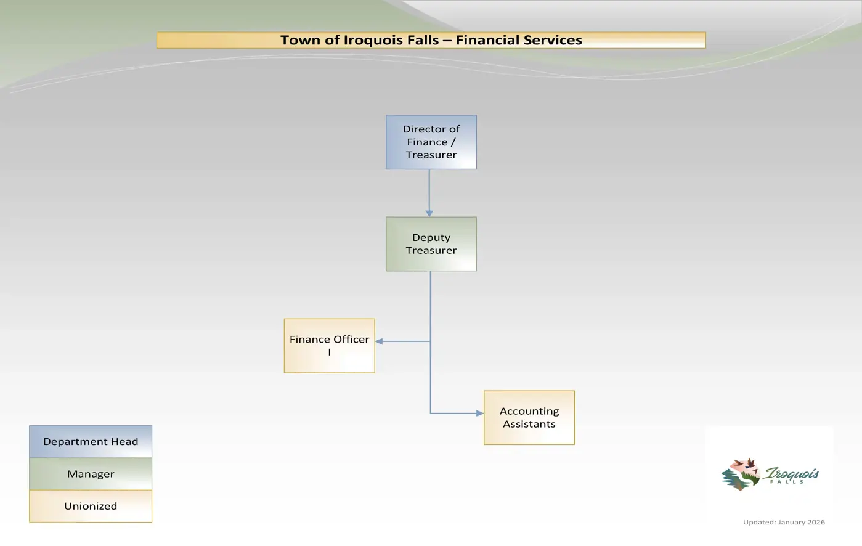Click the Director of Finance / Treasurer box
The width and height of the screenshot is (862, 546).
[x=431, y=142]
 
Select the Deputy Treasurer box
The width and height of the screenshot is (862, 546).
[x=431, y=244]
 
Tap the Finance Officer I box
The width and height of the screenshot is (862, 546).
[x=330, y=346]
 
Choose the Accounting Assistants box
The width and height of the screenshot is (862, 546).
[x=529, y=417]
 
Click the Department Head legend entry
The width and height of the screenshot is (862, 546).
[x=91, y=441]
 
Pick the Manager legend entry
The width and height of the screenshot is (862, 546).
[x=91, y=474]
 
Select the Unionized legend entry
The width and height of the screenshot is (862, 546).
[x=91, y=506]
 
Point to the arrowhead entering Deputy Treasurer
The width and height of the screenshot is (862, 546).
[x=429, y=214]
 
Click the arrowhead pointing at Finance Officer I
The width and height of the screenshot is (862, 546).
[x=379, y=341]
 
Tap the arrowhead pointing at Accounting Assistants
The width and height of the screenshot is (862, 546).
[x=480, y=414]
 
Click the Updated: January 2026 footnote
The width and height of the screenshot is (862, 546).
[x=784, y=522]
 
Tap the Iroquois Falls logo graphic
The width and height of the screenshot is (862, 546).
[x=770, y=474]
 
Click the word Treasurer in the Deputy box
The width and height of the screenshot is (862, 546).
[x=431, y=250]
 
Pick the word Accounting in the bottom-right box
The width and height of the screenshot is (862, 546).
[x=529, y=412]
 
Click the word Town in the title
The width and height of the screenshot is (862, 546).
[x=300, y=40]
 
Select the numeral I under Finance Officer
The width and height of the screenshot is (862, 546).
[x=330, y=352]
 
